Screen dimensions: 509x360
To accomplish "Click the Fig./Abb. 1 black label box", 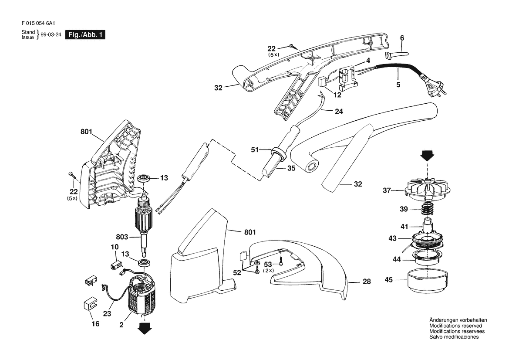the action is (85, 35).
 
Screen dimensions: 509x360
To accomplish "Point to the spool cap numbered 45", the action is (428, 280).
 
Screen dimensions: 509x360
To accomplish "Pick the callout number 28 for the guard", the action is (367, 282).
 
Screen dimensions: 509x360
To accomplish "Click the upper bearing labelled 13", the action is (143, 178).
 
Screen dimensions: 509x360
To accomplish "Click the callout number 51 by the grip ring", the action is (255, 150).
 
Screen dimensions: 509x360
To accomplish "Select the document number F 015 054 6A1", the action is (38, 24).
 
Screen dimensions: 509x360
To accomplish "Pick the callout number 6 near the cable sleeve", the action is (402, 38).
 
